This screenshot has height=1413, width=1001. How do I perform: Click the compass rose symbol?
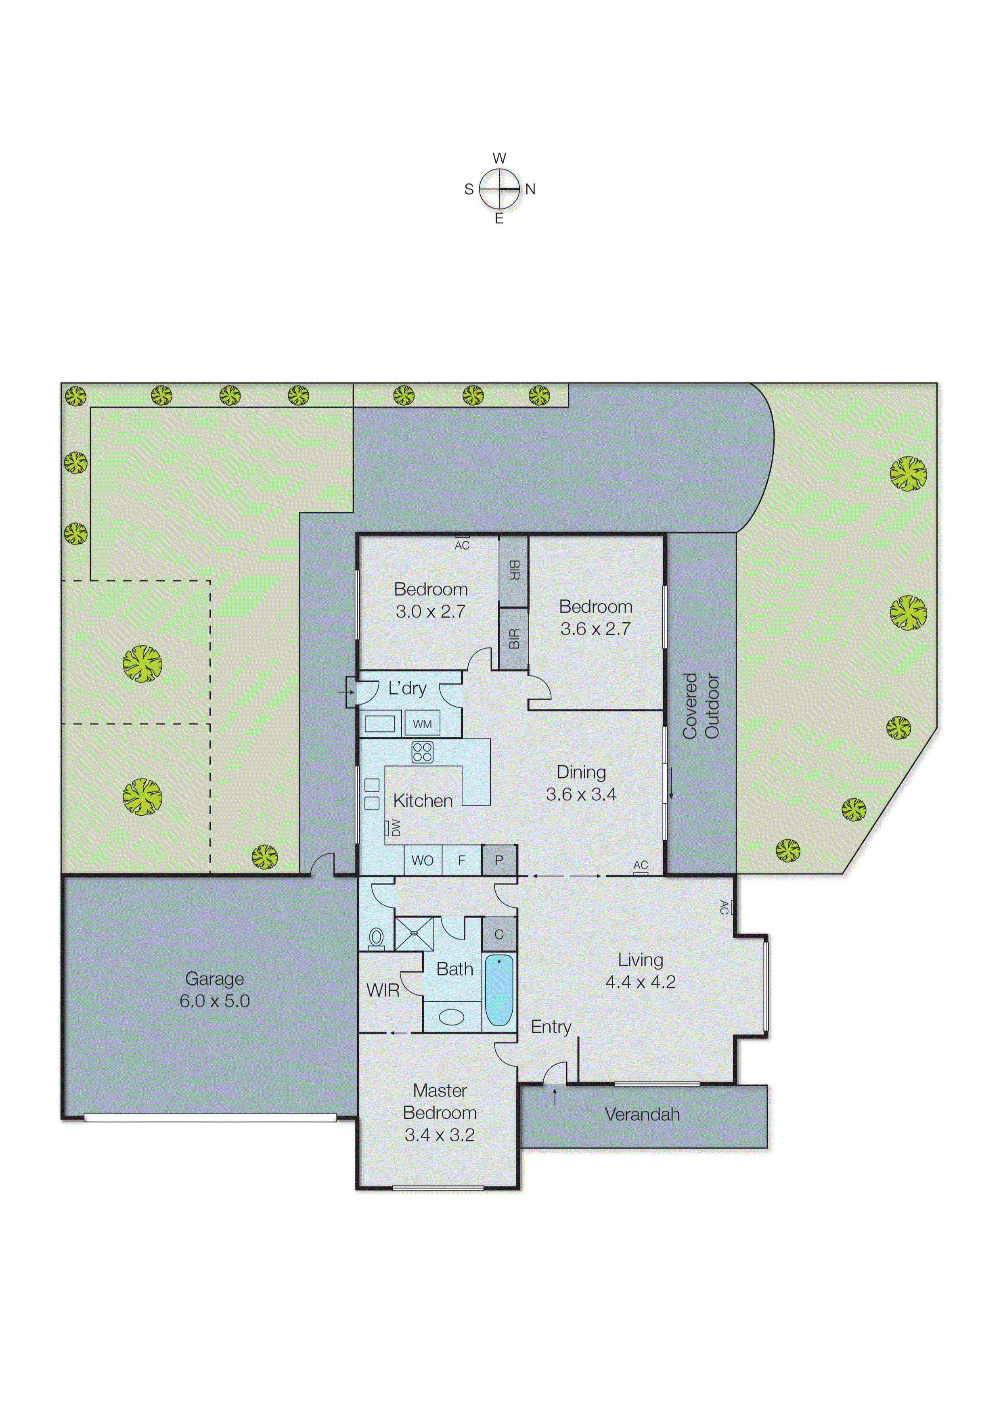(499, 188)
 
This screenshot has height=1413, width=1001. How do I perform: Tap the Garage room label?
(214, 979)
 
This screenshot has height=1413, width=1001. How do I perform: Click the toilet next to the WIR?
(376, 938)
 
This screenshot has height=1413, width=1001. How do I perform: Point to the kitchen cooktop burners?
(422, 752)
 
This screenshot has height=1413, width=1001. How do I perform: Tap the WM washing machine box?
(422, 723)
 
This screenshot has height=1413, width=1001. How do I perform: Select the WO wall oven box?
(422, 860)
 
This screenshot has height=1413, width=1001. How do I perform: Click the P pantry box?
(498, 860)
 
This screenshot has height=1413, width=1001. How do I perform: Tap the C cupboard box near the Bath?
(498, 934)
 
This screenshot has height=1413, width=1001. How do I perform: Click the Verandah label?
(642, 1114)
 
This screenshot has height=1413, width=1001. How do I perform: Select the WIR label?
(383, 990)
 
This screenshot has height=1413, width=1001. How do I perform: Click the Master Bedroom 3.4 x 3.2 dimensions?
(440, 1135)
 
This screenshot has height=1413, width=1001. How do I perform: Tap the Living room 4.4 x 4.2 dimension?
(641, 982)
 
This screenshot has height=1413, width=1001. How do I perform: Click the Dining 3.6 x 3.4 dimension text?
(581, 794)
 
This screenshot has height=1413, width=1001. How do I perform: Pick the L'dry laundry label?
(407, 688)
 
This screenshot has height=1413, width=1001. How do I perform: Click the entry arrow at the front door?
(555, 1096)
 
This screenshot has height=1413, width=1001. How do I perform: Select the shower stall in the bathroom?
(414, 934)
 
